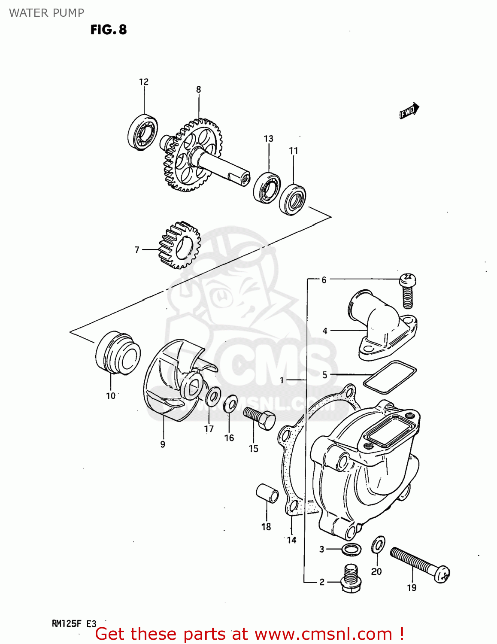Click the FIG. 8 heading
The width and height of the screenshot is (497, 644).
(x=109, y=30)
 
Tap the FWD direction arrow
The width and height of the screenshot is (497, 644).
(x=409, y=111)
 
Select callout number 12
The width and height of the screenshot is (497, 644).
(x=144, y=82)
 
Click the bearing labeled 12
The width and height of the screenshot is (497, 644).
(x=142, y=132)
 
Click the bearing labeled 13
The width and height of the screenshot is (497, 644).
(x=267, y=187)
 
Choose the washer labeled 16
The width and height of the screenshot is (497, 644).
(x=230, y=403)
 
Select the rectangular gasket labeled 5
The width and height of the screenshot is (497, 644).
(x=390, y=377)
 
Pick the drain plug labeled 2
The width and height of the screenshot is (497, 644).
(x=351, y=579)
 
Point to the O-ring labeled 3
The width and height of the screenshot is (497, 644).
(x=352, y=549)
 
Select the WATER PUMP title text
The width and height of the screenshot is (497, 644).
(x=46, y=13)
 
